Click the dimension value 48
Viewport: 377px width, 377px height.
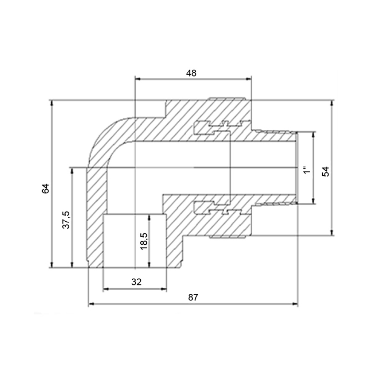191,73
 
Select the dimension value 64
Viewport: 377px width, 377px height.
46,188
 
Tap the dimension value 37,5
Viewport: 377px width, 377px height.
66,220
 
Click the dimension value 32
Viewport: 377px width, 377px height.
136,282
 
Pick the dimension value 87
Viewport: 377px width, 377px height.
193,297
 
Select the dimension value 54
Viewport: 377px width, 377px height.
326,172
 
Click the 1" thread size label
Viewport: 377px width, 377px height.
307,170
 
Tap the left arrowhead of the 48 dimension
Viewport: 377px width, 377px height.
138,79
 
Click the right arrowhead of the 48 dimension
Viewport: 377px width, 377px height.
249,79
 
